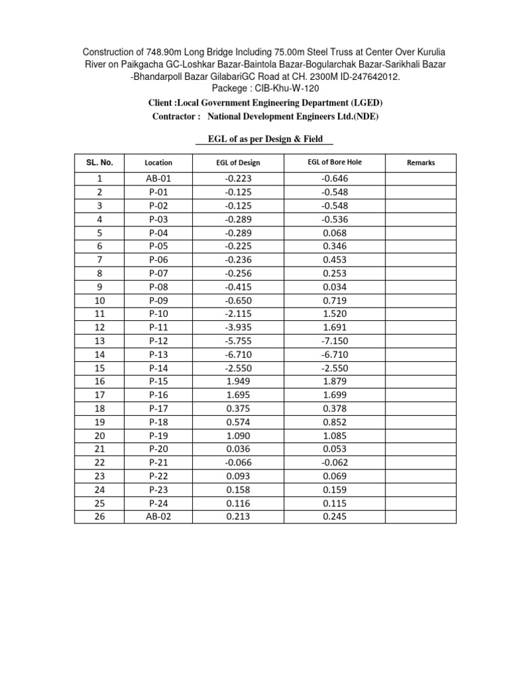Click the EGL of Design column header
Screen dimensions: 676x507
(238, 162)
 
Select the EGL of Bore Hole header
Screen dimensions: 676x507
(335, 162)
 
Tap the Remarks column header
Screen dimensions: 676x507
(421, 162)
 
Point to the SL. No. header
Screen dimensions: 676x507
(100, 162)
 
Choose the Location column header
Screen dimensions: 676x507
(158, 162)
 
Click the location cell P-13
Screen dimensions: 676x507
(158, 355)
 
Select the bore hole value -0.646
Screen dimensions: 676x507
(335, 178)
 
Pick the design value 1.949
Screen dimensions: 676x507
(238, 382)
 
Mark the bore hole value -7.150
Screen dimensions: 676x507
(335, 341)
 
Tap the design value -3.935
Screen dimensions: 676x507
(238, 327)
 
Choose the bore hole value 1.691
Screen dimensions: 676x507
(335, 327)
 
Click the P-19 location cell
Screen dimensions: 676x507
(158, 436)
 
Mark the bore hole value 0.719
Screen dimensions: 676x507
(335, 300)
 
